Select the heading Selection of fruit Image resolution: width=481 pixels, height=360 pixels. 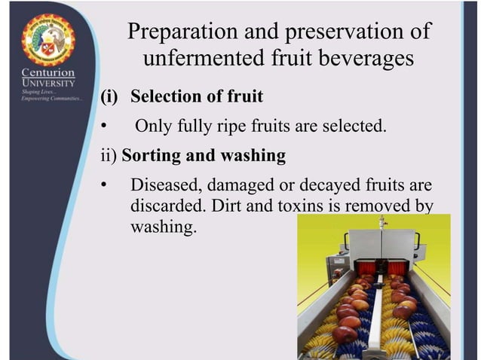coord(197,96)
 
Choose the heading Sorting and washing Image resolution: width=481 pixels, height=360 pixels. coord(204,156)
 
